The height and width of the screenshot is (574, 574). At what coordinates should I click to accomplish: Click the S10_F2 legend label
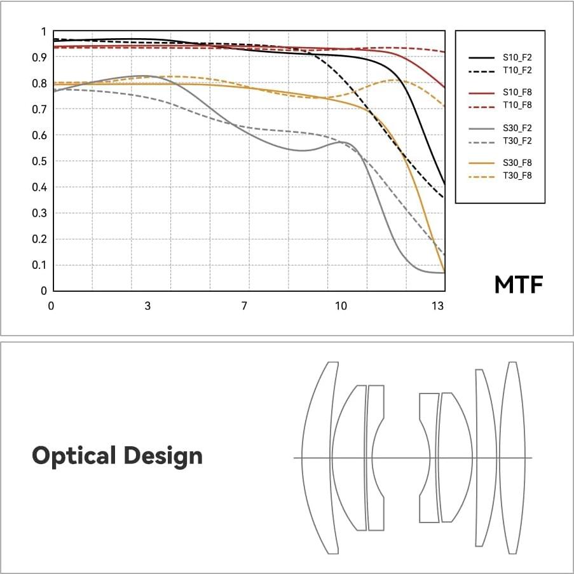pyautogui.click(x=517, y=57)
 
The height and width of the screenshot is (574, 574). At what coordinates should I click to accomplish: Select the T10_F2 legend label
pyautogui.click(x=517, y=70)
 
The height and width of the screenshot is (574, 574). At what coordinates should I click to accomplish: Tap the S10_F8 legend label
pyautogui.click(x=517, y=92)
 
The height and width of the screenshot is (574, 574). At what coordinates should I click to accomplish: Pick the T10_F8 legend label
pyautogui.click(x=517, y=105)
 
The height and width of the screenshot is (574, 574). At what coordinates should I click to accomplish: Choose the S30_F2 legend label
pyautogui.click(x=517, y=128)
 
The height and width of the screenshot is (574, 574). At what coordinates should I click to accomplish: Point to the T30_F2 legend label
pyautogui.click(x=517, y=140)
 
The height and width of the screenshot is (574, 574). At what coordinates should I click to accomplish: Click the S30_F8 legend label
pyautogui.click(x=517, y=163)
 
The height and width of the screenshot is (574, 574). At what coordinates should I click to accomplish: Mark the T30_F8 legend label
pyautogui.click(x=517, y=175)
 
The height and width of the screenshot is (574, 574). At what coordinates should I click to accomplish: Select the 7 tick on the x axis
pyautogui.click(x=244, y=306)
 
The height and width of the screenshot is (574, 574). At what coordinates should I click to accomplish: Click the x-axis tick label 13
pyautogui.click(x=437, y=306)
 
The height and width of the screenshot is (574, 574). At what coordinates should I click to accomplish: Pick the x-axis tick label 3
pyautogui.click(x=147, y=306)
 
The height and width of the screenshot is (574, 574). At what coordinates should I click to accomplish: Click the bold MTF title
pyautogui.click(x=519, y=285)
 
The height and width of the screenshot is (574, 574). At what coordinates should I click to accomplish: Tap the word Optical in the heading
pyautogui.click(x=74, y=456)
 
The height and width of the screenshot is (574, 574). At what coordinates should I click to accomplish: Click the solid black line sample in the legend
pyautogui.click(x=481, y=57)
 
